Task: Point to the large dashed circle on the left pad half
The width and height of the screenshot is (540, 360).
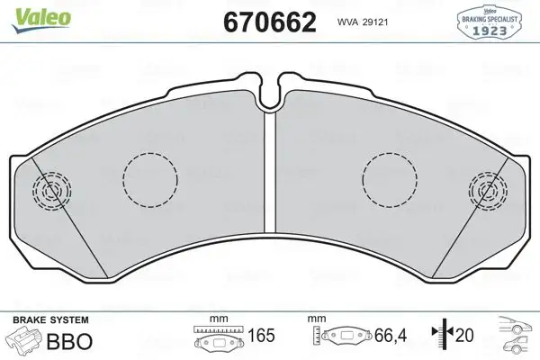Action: click(148, 176)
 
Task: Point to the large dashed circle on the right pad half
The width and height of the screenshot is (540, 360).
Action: click(389, 176)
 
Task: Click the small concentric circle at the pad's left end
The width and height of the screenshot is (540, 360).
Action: click(49, 190)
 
